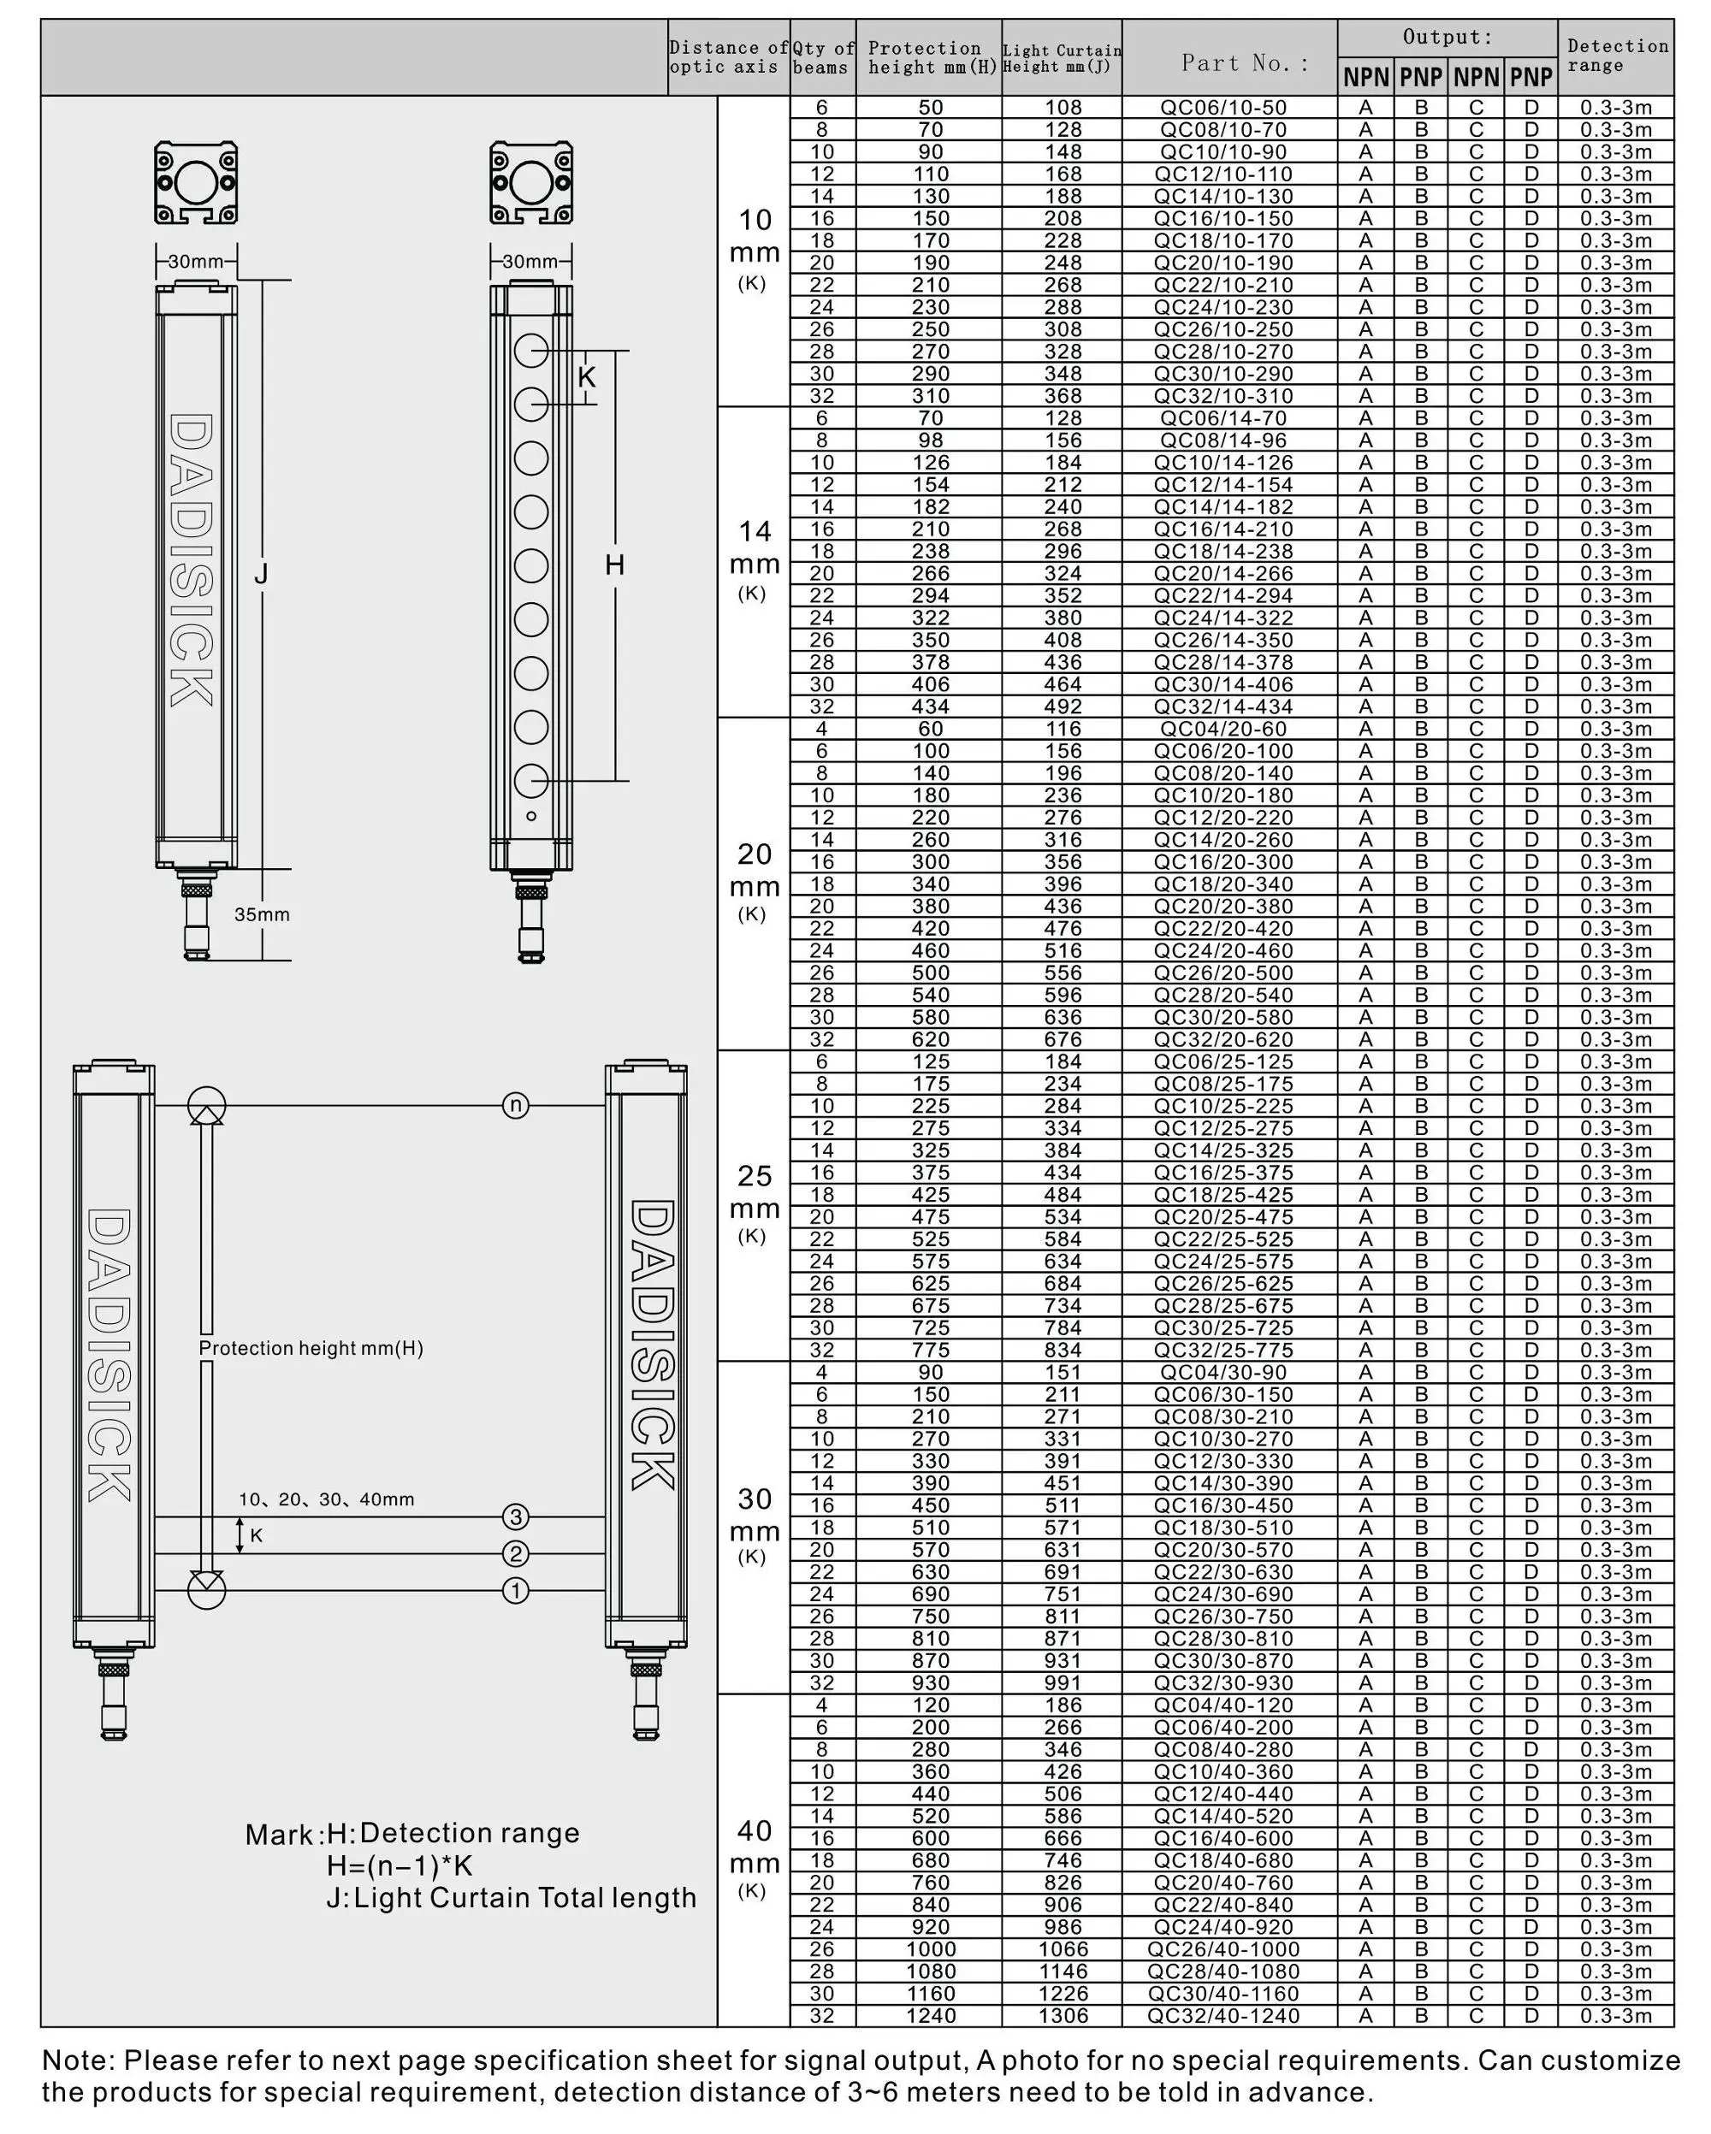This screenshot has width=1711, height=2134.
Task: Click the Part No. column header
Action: pyautogui.click(x=1245, y=63)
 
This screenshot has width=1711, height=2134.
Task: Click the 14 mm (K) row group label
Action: pyautogui.click(x=754, y=561)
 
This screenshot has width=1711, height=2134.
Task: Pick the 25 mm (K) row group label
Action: pyautogui.click(x=754, y=1203)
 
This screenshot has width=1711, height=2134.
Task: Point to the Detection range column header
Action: pyautogui.click(x=1616, y=56)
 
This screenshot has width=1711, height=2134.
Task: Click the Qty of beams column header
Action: pyautogui.click(x=822, y=57)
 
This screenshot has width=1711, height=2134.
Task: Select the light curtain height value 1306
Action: pyautogui.click(x=1063, y=2015)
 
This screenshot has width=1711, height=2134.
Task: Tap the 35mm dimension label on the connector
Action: pyautogui.click(x=262, y=914)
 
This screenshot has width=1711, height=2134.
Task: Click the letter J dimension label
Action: pyautogui.click(x=262, y=573)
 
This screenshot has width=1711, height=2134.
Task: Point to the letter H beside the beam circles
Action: pyautogui.click(x=615, y=565)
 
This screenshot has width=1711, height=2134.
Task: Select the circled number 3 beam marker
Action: pyautogui.click(x=515, y=1516)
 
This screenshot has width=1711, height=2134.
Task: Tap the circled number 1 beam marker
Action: pyautogui.click(x=515, y=1591)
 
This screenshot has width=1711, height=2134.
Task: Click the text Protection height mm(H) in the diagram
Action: pyautogui.click(x=311, y=1348)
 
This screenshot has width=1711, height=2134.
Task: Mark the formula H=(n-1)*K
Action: pyautogui.click(x=400, y=1865)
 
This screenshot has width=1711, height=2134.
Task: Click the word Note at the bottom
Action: pyautogui.click(x=77, y=2060)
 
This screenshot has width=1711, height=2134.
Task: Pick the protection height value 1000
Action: pyautogui.click(x=931, y=1949)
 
